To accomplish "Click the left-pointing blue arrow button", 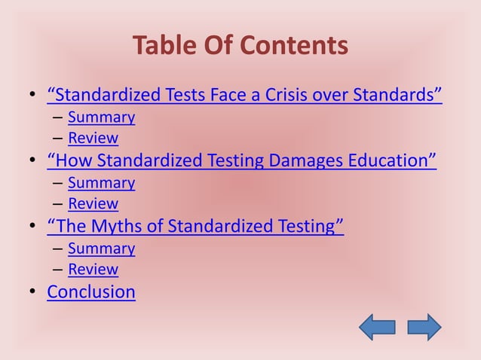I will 377,327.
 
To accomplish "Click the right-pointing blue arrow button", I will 424,327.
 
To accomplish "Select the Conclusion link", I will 91,291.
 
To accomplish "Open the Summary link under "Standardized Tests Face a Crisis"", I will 101,117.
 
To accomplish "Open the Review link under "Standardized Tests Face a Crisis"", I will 93,138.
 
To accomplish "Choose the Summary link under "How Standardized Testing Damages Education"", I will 101,183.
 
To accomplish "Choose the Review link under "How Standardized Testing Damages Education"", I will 93,203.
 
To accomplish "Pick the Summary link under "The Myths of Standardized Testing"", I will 101,249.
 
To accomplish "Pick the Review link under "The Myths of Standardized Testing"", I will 93,269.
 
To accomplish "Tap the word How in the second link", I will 73,161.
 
